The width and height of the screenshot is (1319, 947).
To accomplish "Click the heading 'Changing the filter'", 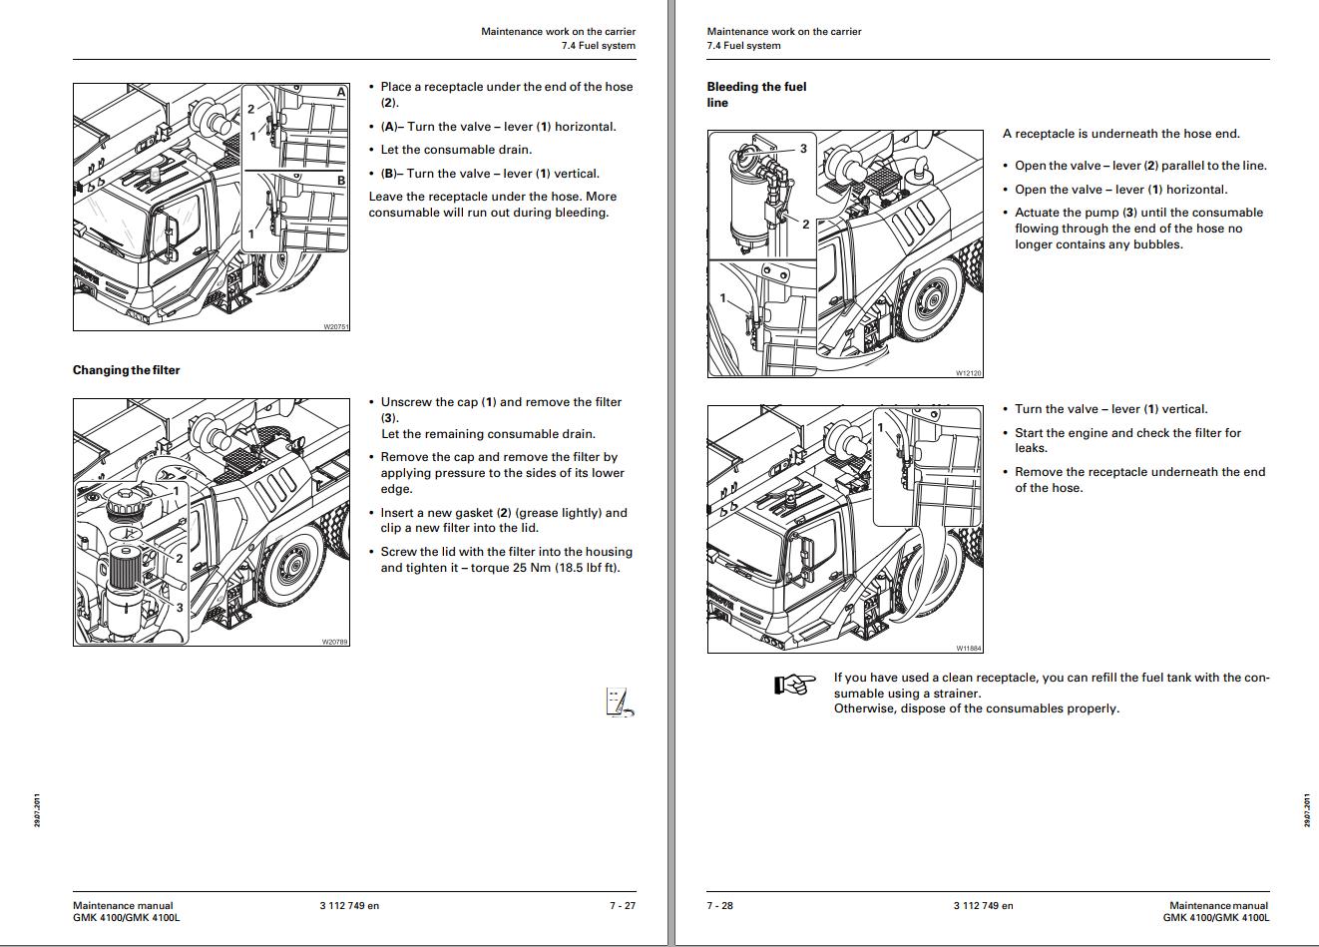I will (126, 370).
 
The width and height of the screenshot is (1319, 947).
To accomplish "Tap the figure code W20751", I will (335, 326).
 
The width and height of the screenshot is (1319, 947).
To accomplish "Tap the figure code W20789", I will (335, 642).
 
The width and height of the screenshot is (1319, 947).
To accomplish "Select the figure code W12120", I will (968, 373).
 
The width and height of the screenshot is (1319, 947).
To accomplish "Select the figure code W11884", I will (968, 649).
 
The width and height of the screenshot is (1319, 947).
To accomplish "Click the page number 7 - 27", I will (622, 906).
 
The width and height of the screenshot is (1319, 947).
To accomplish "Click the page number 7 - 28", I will (719, 906).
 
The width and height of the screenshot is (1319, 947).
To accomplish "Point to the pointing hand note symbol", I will (794, 685).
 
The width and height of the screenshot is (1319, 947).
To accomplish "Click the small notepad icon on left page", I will (619, 703).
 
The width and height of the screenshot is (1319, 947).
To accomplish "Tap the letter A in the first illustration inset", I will (341, 92).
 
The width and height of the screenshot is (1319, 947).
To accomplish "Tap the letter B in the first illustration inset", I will (341, 181).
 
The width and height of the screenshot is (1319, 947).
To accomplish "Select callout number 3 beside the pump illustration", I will (803, 149).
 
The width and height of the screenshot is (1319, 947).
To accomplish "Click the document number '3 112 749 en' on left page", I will (349, 906).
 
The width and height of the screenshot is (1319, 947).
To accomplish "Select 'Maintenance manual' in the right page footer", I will (1218, 906).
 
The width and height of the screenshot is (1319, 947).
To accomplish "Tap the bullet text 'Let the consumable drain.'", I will (456, 150).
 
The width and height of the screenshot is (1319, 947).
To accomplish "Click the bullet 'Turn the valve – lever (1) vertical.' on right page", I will (1110, 409).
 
